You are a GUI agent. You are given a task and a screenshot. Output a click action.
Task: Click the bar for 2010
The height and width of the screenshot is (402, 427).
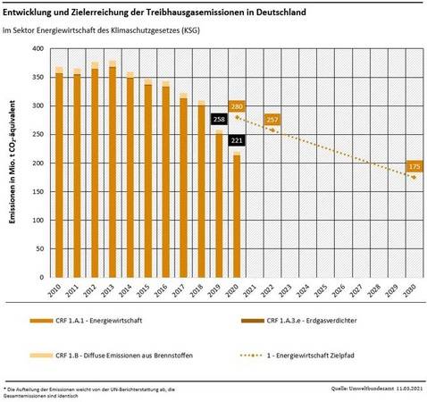coord(59,174)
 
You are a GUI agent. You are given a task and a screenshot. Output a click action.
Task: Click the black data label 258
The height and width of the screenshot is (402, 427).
coord(219,119)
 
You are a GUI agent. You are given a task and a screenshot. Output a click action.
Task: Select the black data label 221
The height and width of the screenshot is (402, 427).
coord(236,140)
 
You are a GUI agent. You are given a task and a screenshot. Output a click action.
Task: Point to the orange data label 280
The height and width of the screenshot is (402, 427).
coord(237,105)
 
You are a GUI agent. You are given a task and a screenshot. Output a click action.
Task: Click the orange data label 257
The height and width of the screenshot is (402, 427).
coord(272,119)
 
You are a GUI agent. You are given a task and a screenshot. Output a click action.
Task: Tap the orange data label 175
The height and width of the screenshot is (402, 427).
coord(414,166)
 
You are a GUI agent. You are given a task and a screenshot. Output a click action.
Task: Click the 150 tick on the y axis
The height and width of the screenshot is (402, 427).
coord(38,193)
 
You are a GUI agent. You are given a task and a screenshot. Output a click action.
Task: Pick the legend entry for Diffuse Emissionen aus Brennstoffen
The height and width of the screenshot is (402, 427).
coord(125,356)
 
